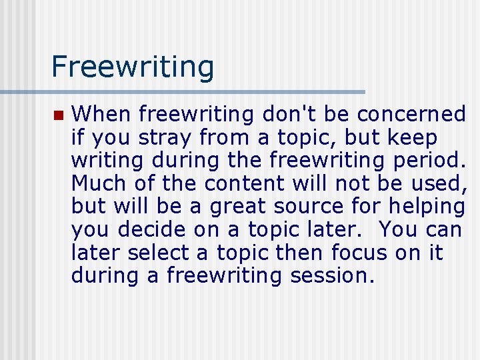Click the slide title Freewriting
point(133,67)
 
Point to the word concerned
point(411,115)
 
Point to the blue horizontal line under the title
point(183,92)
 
